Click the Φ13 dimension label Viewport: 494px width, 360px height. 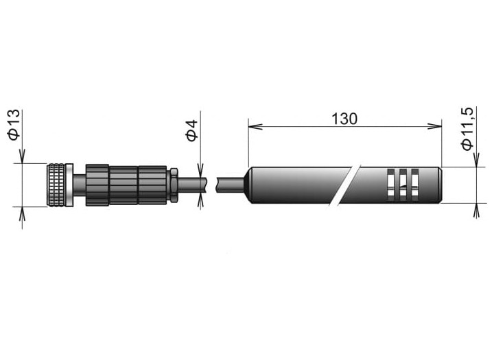(x=14, y=125)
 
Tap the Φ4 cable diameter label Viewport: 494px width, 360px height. (x=191, y=130)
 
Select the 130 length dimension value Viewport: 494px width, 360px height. (x=344, y=119)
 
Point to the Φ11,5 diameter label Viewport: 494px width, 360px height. (x=467, y=129)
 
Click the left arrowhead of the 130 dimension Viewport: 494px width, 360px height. (x=255, y=127)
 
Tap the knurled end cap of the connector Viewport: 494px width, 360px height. (x=56, y=185)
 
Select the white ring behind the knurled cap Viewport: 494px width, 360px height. (x=69, y=185)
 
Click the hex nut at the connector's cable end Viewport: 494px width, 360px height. (x=174, y=185)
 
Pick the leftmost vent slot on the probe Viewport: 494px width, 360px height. (x=390, y=185)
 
